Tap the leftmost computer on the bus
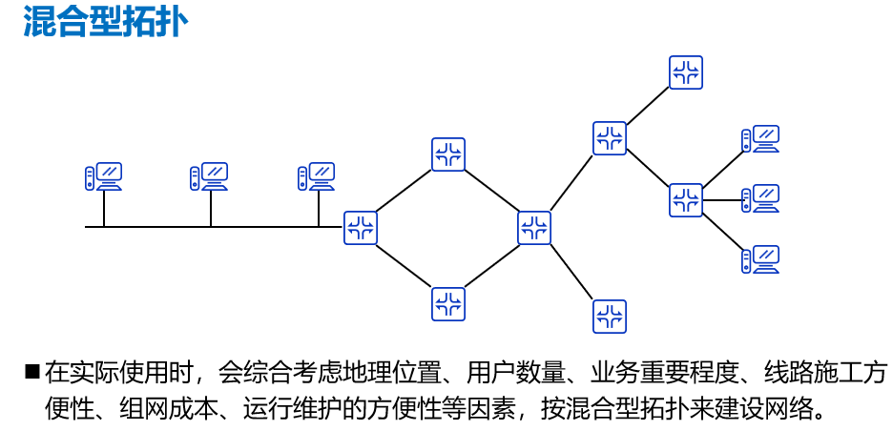tap(103, 177)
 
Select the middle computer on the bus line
tap(210, 177)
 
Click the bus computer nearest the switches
tap(317, 177)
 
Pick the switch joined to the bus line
tap(361, 227)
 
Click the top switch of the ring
tap(448, 154)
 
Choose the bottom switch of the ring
tap(448, 303)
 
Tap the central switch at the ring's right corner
tap(535, 227)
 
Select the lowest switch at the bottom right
tap(609, 316)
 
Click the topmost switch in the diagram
tap(685, 72)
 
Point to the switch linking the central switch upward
tap(609, 137)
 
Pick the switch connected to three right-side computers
tap(685, 199)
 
